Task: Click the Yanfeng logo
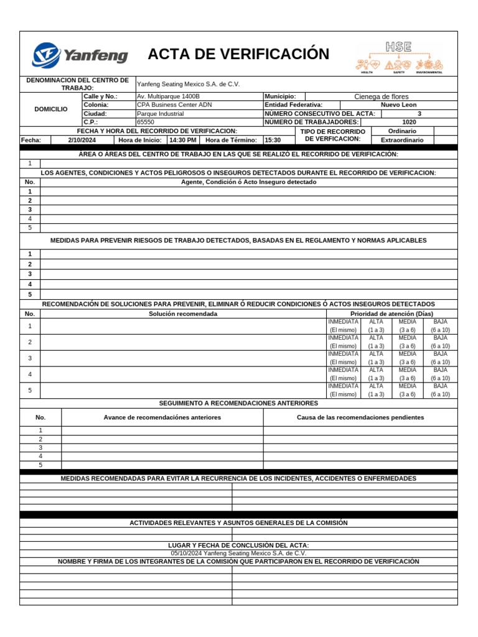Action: click(x=80, y=55)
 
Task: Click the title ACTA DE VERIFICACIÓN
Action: click(x=238, y=54)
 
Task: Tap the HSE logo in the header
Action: click(x=399, y=56)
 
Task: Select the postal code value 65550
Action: click(x=146, y=123)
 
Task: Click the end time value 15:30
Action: click(x=273, y=140)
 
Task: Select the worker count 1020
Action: click(x=409, y=123)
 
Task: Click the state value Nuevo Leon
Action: click(x=399, y=105)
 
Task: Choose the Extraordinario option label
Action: click(x=402, y=140)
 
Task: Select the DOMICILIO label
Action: click(x=51, y=109)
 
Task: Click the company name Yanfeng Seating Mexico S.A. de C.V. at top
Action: click(x=188, y=84)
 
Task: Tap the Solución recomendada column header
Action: click(x=183, y=314)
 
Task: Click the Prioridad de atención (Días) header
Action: click(x=392, y=314)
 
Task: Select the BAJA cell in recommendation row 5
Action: click(x=440, y=390)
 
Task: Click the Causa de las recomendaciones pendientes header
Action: click(x=360, y=417)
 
